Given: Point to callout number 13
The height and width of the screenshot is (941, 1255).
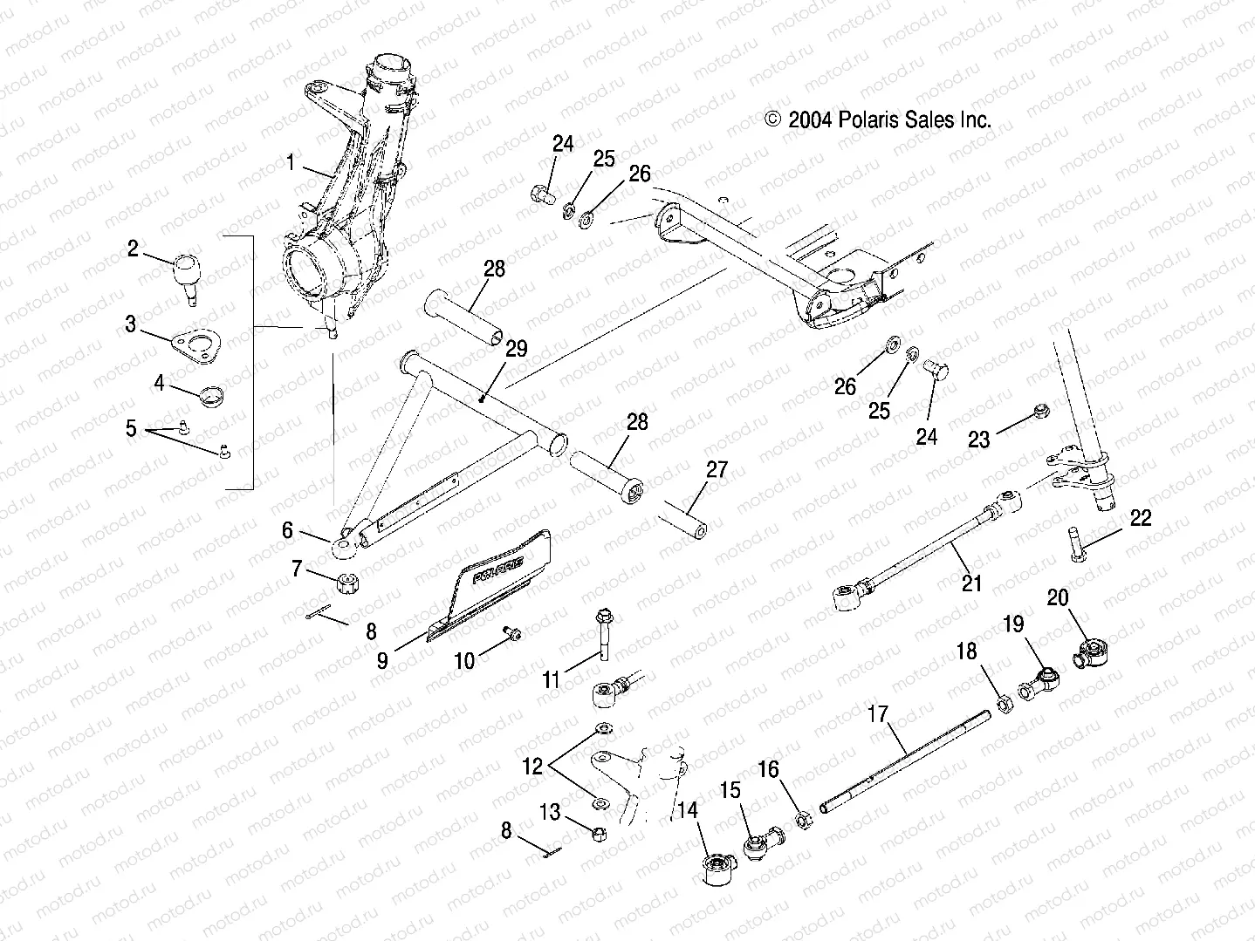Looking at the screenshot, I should (550, 813).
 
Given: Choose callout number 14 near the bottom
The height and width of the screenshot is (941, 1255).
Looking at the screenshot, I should (688, 810).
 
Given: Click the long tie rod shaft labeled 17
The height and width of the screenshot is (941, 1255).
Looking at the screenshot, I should (908, 760).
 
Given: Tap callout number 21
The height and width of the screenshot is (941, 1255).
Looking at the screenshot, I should (970, 583).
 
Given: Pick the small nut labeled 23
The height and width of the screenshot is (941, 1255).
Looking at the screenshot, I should (1040, 410).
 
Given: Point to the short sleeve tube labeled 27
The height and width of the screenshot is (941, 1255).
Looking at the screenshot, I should (682, 519).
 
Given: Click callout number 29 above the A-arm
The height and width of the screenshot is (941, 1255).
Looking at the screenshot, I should (517, 349).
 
